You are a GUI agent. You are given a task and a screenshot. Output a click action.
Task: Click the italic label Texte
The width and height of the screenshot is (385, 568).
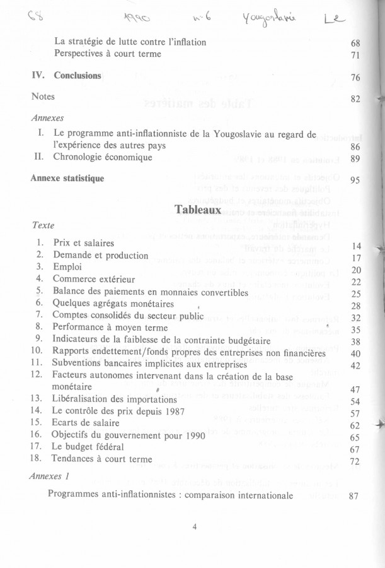43,225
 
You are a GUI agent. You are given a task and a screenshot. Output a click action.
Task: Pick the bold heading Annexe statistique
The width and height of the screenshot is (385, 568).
67,178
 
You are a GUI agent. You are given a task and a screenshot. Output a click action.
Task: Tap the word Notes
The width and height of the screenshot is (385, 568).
43,97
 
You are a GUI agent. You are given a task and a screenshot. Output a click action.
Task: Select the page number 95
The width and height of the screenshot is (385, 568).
355,180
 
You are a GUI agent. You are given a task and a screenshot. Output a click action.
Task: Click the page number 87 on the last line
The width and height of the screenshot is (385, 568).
353,496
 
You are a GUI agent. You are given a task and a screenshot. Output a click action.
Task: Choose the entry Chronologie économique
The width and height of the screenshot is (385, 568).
103,157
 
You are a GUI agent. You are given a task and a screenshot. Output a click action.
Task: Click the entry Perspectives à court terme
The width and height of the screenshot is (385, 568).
108,54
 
